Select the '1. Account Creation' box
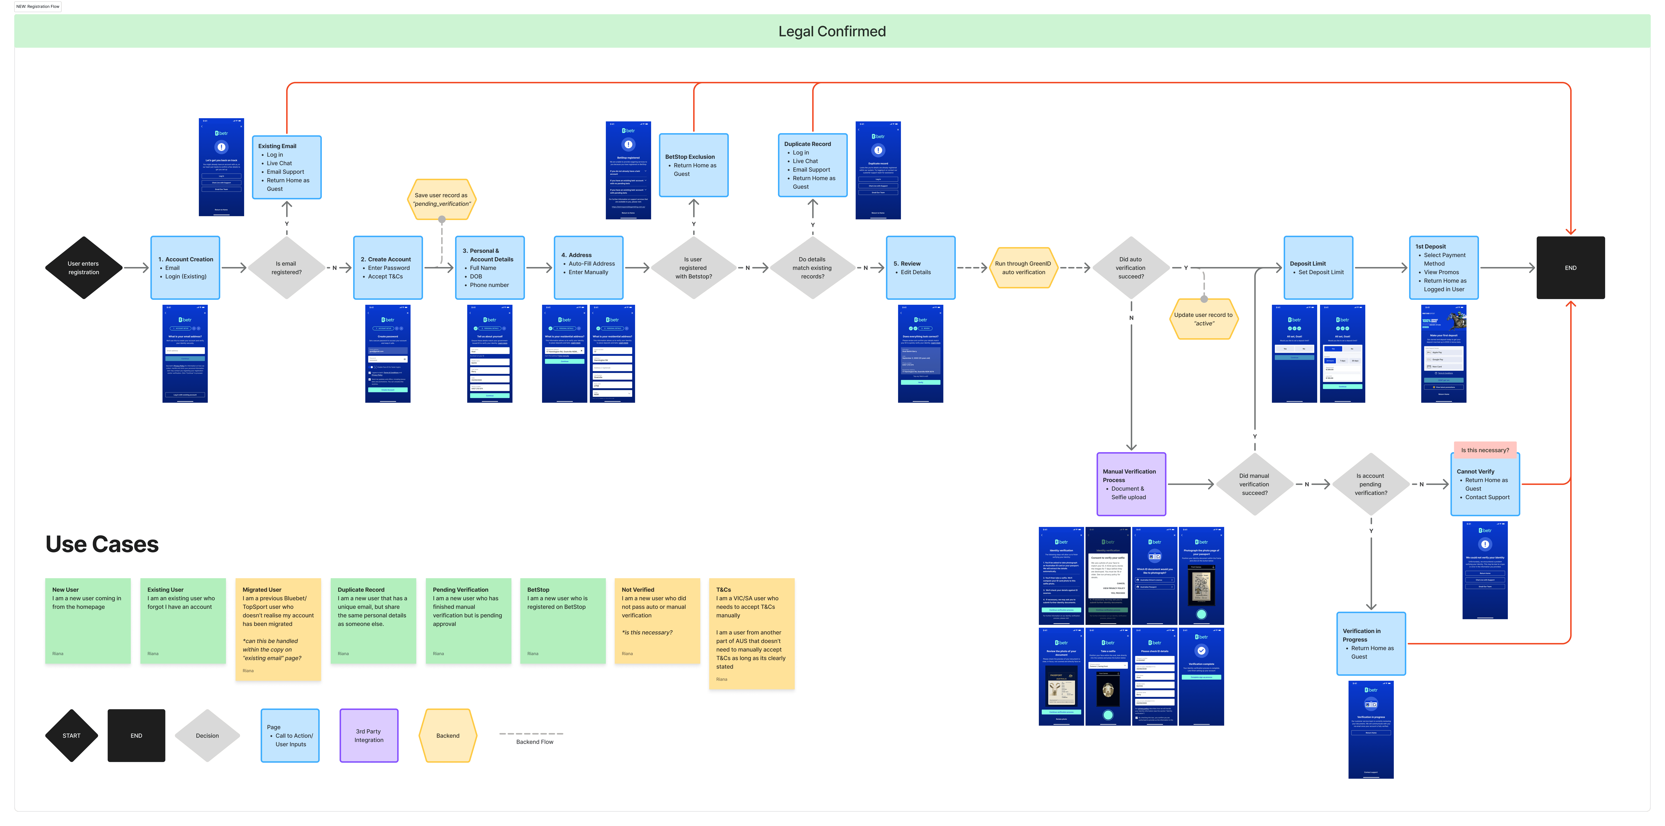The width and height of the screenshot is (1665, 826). point(185,267)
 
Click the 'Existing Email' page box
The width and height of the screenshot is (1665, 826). point(286,167)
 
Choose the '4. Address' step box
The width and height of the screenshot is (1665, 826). point(588,267)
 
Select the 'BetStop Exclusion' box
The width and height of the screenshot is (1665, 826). point(694,165)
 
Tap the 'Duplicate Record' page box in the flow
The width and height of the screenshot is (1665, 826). point(813,165)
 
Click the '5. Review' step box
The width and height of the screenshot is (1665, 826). point(920,267)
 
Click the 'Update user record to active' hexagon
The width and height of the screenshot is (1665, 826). point(1203,319)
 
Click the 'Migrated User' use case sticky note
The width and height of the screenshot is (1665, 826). point(278,630)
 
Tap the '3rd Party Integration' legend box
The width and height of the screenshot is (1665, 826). point(369,736)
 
